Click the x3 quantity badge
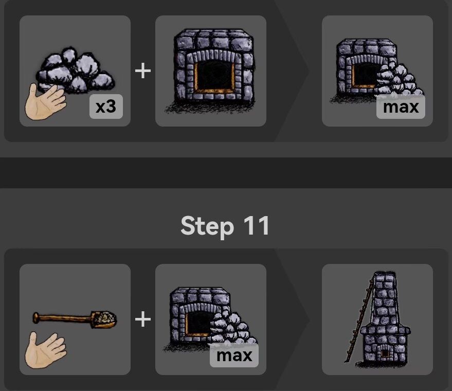(x=105, y=108)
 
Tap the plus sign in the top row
(x=143, y=70)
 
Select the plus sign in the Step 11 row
(x=143, y=319)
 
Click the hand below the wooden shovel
(x=45, y=349)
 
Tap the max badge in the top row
(x=401, y=107)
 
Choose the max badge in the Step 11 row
(x=234, y=356)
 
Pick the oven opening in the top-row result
(x=364, y=75)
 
